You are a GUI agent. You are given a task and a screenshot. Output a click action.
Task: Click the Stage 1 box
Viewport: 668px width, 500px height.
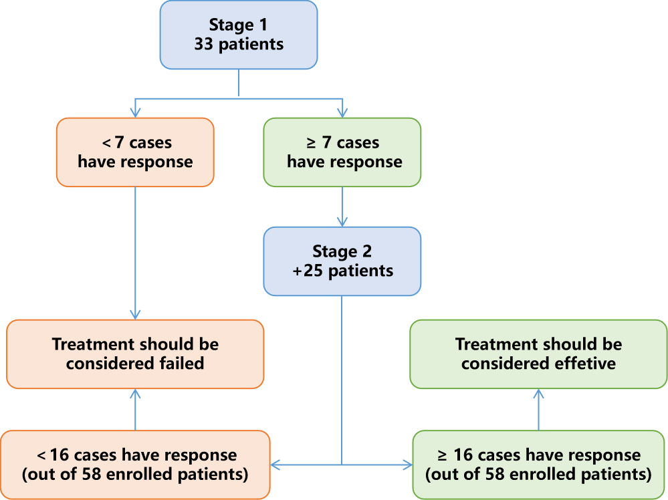click(239, 35)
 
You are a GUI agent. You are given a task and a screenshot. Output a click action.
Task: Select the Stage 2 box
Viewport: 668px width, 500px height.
click(342, 261)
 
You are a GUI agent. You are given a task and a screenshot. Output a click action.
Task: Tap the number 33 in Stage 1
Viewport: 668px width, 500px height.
click(203, 44)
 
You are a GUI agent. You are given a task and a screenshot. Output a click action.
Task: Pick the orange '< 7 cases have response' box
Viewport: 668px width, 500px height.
click(135, 152)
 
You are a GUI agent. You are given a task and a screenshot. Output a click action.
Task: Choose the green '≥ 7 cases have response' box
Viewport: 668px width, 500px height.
click(342, 152)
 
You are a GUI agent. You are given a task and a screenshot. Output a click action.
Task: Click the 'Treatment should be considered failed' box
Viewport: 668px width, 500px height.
click(135, 354)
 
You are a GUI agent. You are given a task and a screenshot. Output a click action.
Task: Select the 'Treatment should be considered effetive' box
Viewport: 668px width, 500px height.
click(538, 354)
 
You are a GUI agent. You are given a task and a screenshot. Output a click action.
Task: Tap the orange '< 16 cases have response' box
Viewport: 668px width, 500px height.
click(135, 465)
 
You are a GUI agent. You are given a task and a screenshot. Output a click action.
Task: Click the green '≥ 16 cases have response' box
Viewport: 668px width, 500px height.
click(538, 465)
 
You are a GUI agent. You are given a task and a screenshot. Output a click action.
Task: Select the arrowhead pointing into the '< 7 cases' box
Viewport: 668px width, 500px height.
click(135, 113)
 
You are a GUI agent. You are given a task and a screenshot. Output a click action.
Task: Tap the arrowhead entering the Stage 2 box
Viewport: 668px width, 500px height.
click(342, 221)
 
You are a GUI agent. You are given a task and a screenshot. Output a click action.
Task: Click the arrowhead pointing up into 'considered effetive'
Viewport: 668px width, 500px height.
click(538, 394)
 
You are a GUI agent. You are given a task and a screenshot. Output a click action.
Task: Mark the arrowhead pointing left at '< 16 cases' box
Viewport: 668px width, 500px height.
click(275, 465)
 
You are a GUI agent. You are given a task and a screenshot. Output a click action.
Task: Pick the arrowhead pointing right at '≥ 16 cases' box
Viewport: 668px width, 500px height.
click(407, 465)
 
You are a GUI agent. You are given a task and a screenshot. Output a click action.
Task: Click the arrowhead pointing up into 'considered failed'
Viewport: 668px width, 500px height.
click(135, 394)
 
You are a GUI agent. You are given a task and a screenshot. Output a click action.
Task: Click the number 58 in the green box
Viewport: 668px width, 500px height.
click(495, 474)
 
